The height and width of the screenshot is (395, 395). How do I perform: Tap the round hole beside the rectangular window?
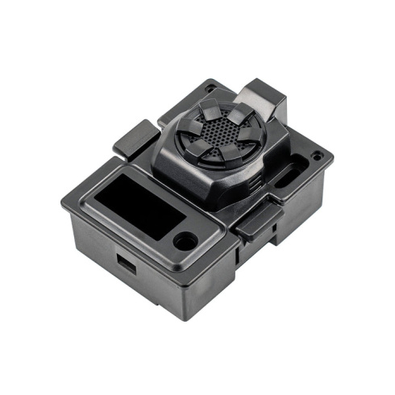tap(185, 240)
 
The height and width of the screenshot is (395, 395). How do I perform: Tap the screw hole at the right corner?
tap(318, 156)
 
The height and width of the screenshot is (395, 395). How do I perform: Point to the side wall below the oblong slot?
tap(302, 197)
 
